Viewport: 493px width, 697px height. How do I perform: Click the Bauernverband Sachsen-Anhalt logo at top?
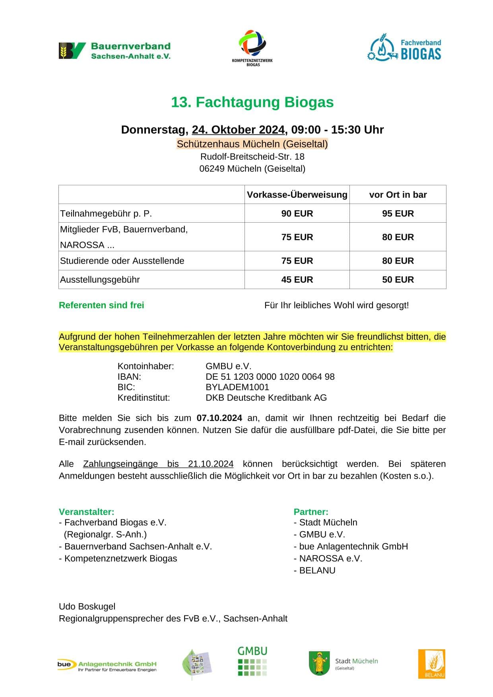click(x=115, y=51)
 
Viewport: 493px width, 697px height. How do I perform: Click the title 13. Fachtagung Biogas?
click(x=252, y=102)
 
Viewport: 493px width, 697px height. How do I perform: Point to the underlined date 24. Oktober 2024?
click(x=238, y=130)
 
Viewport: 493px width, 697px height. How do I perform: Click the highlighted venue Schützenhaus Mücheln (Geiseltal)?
click(x=252, y=144)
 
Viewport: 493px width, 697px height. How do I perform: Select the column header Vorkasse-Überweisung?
click(x=297, y=195)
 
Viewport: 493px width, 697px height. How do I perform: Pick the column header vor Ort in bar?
click(x=398, y=195)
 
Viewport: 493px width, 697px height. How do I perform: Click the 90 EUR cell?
click(x=297, y=214)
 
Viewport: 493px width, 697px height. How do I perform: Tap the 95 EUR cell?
click(x=398, y=214)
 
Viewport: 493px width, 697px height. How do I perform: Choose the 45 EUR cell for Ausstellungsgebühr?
click(x=297, y=280)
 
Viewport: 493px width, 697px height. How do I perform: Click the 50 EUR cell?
click(x=398, y=280)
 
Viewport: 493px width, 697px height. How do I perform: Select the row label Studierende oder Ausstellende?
click(x=122, y=261)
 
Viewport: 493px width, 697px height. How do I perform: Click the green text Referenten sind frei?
click(x=101, y=305)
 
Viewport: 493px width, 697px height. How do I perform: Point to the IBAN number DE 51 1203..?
click(x=270, y=377)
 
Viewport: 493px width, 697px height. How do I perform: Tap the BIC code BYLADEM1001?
click(x=237, y=387)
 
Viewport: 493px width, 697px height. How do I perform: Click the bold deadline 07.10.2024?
click(x=219, y=418)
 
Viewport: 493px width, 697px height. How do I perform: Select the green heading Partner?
click(x=311, y=512)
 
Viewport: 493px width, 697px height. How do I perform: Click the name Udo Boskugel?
click(x=87, y=606)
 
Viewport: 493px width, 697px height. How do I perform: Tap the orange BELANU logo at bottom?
click(x=431, y=664)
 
